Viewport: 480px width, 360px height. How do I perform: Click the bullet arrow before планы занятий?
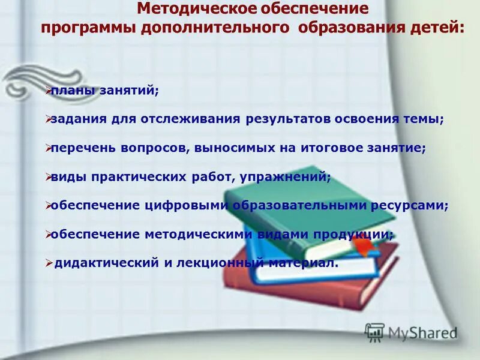[x=48, y=91]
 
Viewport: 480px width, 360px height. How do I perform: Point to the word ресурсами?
[x=411, y=205]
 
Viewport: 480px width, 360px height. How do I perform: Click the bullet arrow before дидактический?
[x=49, y=262]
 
